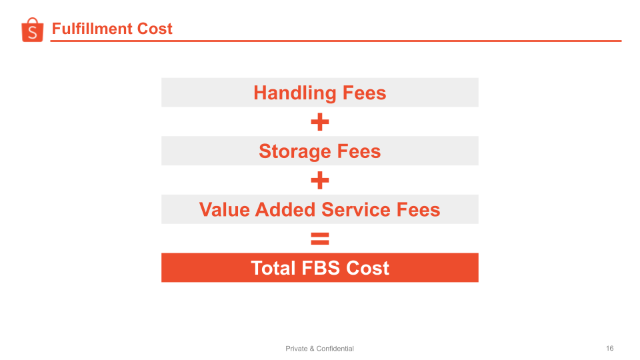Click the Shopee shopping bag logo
tap(32, 30)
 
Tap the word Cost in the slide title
tap(155, 29)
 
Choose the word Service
tap(357, 210)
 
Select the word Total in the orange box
tap(273, 268)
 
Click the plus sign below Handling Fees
tap(320, 122)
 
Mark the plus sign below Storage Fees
tap(320, 181)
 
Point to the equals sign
tap(320, 239)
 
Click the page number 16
tap(610, 349)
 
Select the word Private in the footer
tap(297, 349)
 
